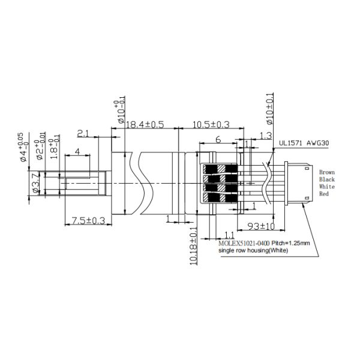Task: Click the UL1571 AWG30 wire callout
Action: click(305, 144)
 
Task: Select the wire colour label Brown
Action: click(327, 172)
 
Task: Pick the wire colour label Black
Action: click(327, 179)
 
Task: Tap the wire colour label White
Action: click(327, 187)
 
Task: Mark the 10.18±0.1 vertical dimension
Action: click(194, 246)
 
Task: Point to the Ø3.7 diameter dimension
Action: click(35, 182)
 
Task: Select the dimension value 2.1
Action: click(83, 133)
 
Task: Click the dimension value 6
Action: click(218, 139)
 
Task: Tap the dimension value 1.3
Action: click(266, 135)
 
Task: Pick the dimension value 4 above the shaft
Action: click(77, 152)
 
